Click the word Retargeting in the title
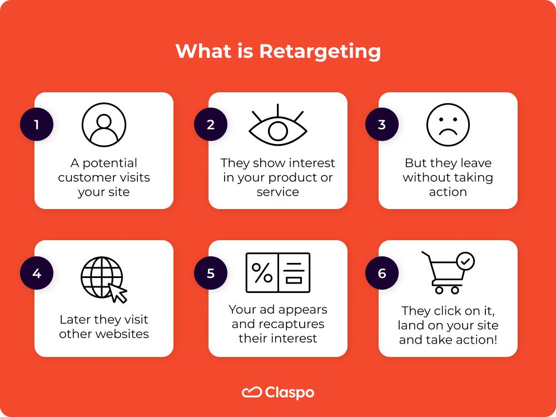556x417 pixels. click(320, 52)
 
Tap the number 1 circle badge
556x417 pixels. click(37, 125)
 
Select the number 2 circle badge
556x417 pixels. click(211, 125)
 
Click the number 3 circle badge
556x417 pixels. click(381, 125)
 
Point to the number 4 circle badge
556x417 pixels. click(37, 274)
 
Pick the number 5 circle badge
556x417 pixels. click(211, 274)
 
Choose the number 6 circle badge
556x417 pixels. click(381, 274)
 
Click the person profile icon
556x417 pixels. click(104, 125)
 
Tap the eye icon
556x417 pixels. click(277, 129)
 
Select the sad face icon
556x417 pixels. click(448, 125)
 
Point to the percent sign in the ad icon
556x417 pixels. click(262, 272)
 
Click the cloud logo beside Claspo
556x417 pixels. click(252, 393)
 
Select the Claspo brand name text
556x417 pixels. click(290, 393)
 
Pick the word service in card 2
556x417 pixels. click(278, 192)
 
